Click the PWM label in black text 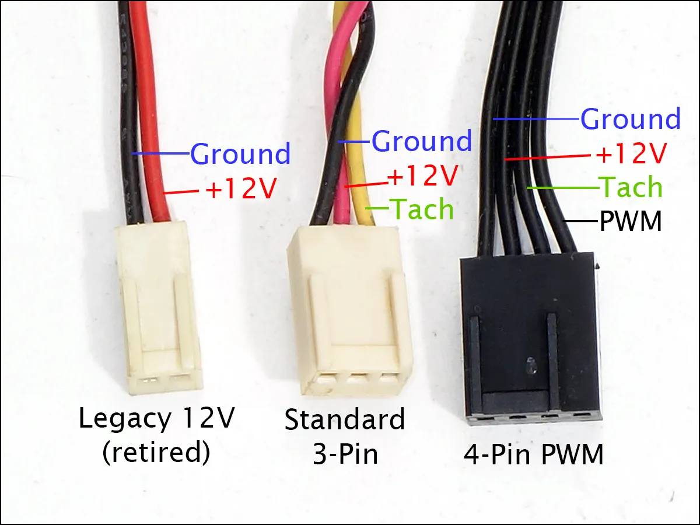[x=631, y=222]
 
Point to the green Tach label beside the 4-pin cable [x=632, y=187]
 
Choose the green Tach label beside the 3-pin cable [x=421, y=209]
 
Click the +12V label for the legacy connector [x=240, y=190]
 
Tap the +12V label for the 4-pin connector [x=631, y=154]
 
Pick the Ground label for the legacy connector [x=240, y=154]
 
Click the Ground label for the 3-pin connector [x=421, y=141]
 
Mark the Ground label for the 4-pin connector [x=631, y=119]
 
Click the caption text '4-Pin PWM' [x=533, y=454]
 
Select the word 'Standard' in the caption [x=344, y=419]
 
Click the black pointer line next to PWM [x=582, y=221]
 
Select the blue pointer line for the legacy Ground [x=161, y=154]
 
